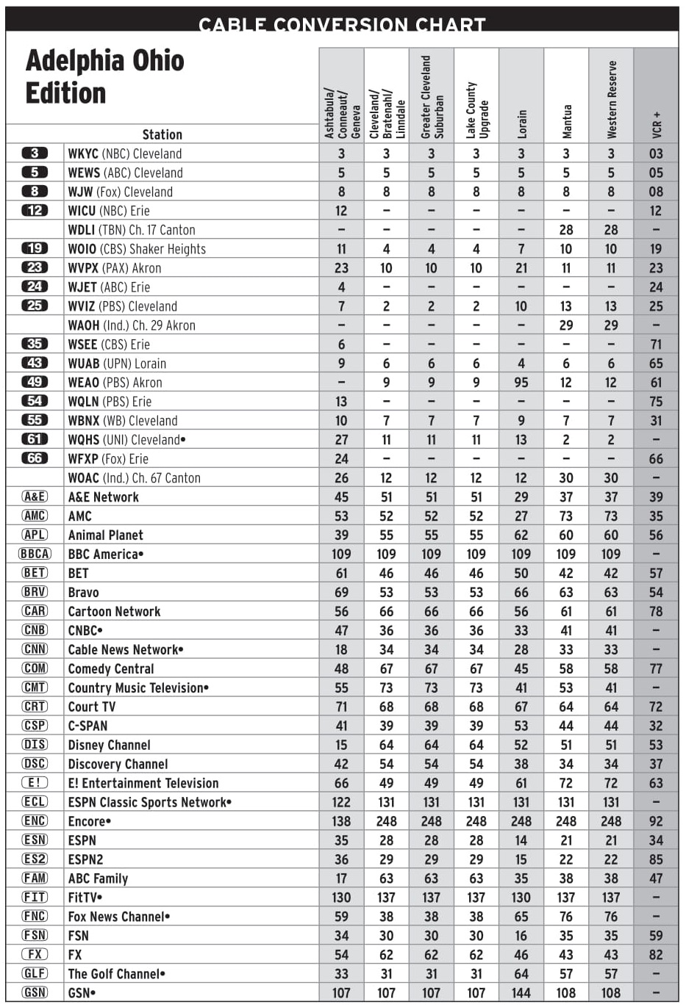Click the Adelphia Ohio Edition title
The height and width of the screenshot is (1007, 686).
(x=104, y=77)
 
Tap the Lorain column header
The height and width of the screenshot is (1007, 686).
(x=521, y=123)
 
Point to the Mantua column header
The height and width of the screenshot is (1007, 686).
(x=566, y=121)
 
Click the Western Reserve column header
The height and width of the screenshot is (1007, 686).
(x=611, y=100)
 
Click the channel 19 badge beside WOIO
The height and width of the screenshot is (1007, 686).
(x=35, y=249)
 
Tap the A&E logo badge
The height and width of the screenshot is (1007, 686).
(x=35, y=497)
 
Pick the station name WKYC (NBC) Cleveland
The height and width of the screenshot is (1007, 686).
(x=124, y=154)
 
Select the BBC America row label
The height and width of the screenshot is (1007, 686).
(x=105, y=554)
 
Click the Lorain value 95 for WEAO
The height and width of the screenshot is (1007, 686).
(x=521, y=383)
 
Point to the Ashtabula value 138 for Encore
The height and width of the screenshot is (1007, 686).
(x=341, y=821)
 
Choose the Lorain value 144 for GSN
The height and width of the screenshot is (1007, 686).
(x=521, y=993)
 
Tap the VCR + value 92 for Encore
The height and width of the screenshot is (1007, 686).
(x=656, y=821)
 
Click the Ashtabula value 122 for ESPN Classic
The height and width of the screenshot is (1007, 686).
(x=341, y=802)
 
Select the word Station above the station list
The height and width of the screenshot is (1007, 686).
(x=162, y=134)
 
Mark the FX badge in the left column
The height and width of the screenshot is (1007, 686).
(x=35, y=955)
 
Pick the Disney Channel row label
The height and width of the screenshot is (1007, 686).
(x=109, y=745)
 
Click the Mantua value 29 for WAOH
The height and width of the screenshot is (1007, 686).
(x=566, y=325)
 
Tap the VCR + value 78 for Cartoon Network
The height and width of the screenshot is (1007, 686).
(x=656, y=611)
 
